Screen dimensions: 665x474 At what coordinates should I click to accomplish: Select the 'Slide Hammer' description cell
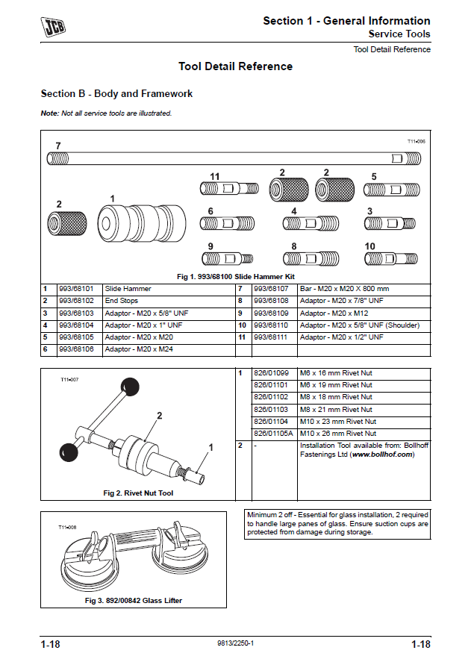[128, 289]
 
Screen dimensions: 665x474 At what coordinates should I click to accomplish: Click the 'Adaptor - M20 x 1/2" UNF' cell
[342, 337]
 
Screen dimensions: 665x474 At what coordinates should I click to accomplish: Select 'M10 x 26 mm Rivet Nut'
[337, 434]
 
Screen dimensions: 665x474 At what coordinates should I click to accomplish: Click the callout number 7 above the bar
[58, 145]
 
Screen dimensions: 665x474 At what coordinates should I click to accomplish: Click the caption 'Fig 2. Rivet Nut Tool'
[138, 493]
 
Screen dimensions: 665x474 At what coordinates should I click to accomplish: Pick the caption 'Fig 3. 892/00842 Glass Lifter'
[134, 600]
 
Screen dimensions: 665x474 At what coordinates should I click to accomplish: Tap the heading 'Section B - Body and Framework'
[116, 94]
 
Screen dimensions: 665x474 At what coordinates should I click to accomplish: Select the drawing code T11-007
[69, 379]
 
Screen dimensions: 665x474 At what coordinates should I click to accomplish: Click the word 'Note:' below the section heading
[49, 113]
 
